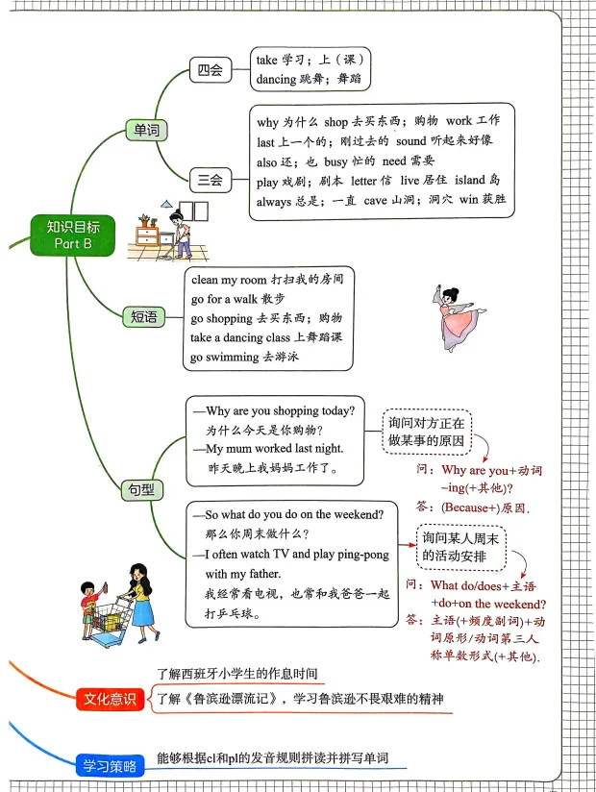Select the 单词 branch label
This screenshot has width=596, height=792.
click(146, 130)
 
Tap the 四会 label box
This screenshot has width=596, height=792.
click(210, 70)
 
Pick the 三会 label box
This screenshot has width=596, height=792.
click(210, 179)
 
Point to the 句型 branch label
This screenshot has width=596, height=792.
click(140, 488)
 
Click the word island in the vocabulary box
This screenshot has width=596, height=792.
click(478, 181)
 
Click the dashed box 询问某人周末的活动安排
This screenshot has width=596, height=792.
click(459, 546)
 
